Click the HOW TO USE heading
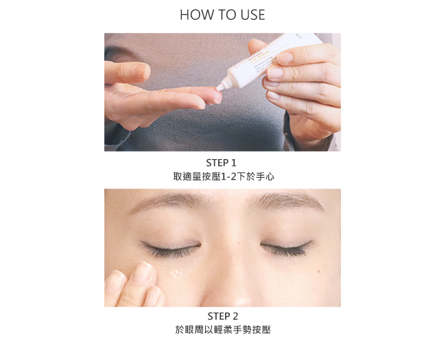(222, 15)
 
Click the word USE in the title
(253, 15)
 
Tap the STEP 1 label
(222, 163)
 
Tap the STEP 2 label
(223, 316)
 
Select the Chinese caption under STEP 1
(224, 177)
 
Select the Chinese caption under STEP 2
(223, 330)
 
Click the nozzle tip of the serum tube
(220, 88)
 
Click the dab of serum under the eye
(174, 273)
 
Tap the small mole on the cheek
(319, 271)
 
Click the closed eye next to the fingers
(172, 248)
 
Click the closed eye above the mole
(287, 248)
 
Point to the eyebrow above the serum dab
(168, 201)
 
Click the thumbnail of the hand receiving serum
(141, 71)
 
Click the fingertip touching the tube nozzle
(215, 95)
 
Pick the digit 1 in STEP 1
(233, 163)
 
